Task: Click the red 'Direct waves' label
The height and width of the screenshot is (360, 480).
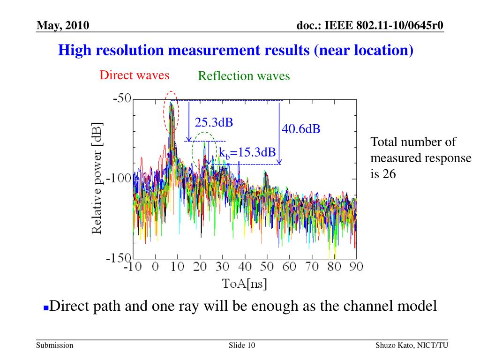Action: tap(134, 75)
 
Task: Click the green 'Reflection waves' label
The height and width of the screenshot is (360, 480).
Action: tap(244, 76)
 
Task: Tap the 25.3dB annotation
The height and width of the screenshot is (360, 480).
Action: tap(214, 123)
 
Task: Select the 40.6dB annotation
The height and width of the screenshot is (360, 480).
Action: tap(301, 129)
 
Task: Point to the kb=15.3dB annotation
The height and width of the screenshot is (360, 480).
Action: tap(247, 152)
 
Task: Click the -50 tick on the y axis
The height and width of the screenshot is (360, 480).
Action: tap(122, 99)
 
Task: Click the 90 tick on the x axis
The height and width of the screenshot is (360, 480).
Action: tap(356, 267)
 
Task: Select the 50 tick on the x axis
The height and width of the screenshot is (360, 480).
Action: tap(267, 267)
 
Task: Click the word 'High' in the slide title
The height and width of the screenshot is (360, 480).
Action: tap(73, 50)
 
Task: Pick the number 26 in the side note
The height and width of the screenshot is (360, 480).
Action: tap(390, 174)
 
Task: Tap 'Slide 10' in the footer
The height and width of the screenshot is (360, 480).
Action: tap(242, 345)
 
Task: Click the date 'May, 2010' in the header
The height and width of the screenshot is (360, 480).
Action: tap(63, 25)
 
